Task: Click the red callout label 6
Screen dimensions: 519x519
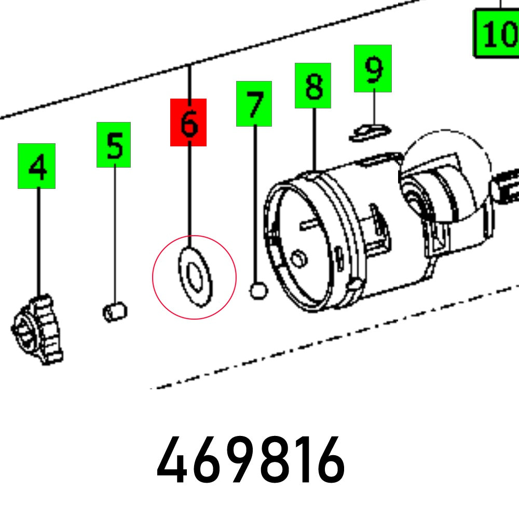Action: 188,122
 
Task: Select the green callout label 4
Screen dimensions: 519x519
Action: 36,166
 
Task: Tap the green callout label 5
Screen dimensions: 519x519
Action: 114,145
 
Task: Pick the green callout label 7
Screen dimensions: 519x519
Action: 254,104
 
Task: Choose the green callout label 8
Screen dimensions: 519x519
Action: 313,86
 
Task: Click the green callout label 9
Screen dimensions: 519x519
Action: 373,69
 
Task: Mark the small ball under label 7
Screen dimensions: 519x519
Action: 258,290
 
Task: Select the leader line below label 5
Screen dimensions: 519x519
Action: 115,234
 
